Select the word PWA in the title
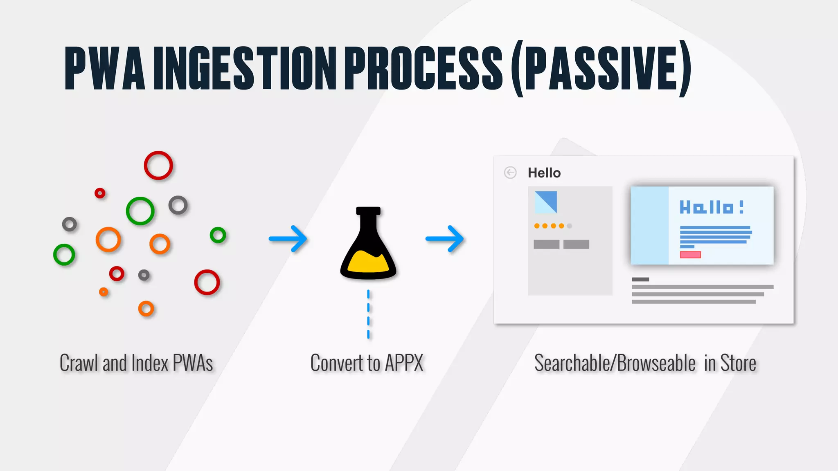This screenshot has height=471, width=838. pyautogui.click(x=105, y=68)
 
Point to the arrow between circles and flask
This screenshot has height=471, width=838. pyautogui.click(x=288, y=239)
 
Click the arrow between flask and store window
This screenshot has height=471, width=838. pyautogui.click(x=445, y=239)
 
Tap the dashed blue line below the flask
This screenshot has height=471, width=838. pyautogui.click(x=368, y=314)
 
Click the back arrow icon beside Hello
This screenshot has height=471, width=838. pyautogui.click(x=510, y=173)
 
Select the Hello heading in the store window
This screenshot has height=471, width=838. pyautogui.click(x=544, y=173)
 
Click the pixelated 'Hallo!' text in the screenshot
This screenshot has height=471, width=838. pyautogui.click(x=712, y=207)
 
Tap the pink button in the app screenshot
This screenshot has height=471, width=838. pyautogui.click(x=690, y=255)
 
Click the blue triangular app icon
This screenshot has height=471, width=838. pyautogui.click(x=546, y=202)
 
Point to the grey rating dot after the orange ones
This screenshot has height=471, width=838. pyautogui.click(x=570, y=226)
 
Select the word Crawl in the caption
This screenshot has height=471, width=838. pyautogui.click(x=79, y=363)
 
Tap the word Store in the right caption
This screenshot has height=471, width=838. pyautogui.click(x=738, y=363)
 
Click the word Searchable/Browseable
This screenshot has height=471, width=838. pyautogui.click(x=615, y=363)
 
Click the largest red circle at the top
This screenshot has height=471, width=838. pyautogui.click(x=158, y=166)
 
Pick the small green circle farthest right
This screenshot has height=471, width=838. pyautogui.click(x=218, y=235)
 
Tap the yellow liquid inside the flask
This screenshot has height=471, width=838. pyautogui.click(x=368, y=263)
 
